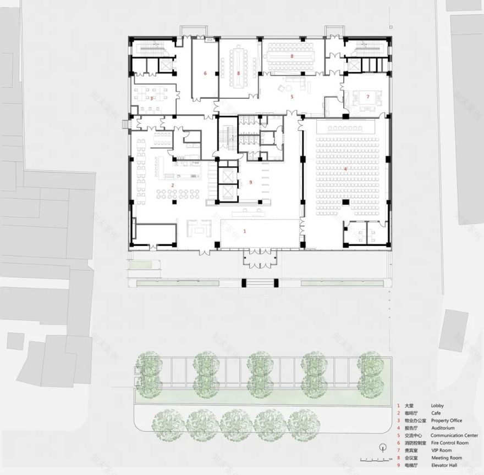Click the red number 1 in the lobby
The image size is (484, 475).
245,232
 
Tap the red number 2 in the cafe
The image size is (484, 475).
172,186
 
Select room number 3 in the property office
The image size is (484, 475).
151,98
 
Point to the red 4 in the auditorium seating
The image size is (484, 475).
345,170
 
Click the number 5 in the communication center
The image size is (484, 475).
292,97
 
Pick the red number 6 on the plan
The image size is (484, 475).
205,73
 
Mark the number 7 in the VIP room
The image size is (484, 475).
368,97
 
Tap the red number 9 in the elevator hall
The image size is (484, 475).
250,182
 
